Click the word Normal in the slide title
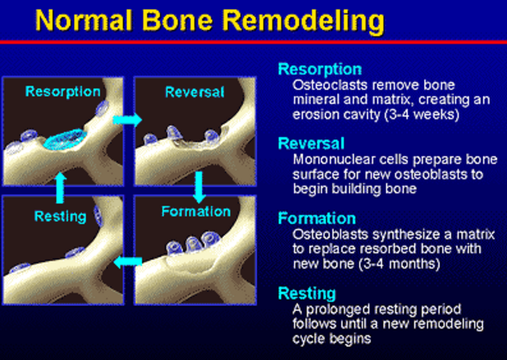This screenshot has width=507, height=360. pyautogui.click(x=84, y=21)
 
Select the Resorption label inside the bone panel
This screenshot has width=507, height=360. pyautogui.click(x=63, y=92)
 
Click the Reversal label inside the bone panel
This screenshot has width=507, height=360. pyautogui.click(x=194, y=92)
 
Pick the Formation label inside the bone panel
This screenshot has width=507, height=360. pyautogui.click(x=196, y=211)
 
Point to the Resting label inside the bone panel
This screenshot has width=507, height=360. pyautogui.click(x=60, y=217)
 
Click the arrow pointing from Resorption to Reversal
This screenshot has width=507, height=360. pyautogui.click(x=127, y=120)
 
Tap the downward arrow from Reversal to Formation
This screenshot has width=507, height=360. pyautogui.click(x=199, y=187)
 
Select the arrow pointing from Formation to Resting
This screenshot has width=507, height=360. pyautogui.click(x=128, y=261)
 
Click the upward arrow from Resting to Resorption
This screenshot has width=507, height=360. pyautogui.click(x=59, y=188)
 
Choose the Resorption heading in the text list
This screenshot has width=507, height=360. pyautogui.click(x=319, y=69)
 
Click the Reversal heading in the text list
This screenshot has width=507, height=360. pyautogui.click(x=311, y=143)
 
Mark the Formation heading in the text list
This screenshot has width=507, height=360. pyautogui.click(x=317, y=218)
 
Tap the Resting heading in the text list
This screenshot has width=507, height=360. pyautogui.click(x=306, y=294)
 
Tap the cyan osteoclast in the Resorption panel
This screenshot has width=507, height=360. pyautogui.click(x=65, y=140)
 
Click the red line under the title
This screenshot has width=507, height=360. pyautogui.click(x=253, y=42)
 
